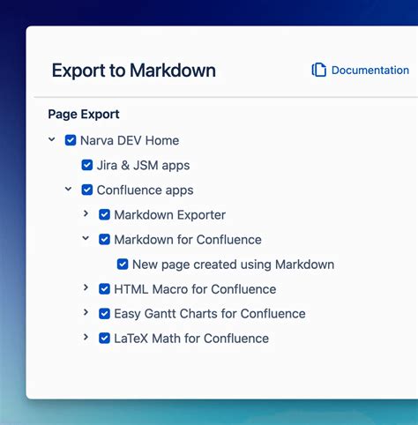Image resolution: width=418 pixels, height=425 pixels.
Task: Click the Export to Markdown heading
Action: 133,71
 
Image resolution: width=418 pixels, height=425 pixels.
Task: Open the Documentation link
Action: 369,71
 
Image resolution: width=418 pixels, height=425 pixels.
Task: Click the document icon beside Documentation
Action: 319,71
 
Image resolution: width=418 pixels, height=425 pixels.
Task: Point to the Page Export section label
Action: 84,114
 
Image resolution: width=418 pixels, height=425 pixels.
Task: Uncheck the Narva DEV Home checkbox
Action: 71,140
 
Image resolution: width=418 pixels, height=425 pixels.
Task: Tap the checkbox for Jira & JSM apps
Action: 87,165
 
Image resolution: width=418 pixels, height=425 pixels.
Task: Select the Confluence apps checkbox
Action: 87,190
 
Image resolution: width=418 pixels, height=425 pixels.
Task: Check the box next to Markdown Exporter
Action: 104,214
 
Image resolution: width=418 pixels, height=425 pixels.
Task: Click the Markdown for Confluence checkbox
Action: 104,239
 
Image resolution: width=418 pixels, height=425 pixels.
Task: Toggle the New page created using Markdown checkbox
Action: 123,264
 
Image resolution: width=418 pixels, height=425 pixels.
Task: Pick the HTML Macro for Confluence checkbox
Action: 104,288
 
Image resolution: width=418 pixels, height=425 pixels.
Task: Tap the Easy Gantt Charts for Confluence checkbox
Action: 104,313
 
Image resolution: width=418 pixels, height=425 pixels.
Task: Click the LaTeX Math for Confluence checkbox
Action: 104,338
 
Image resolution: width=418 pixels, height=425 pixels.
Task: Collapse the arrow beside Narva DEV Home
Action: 52,139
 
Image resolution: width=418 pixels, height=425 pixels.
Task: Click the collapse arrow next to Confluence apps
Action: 69,189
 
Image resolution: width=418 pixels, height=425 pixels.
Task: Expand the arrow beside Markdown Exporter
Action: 86,213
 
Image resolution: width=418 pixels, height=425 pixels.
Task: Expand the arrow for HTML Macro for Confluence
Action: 86,287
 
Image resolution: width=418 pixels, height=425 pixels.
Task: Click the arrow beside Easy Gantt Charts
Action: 86,312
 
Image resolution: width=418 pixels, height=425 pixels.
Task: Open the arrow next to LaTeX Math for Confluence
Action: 86,337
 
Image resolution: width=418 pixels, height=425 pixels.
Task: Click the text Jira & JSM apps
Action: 143,165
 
